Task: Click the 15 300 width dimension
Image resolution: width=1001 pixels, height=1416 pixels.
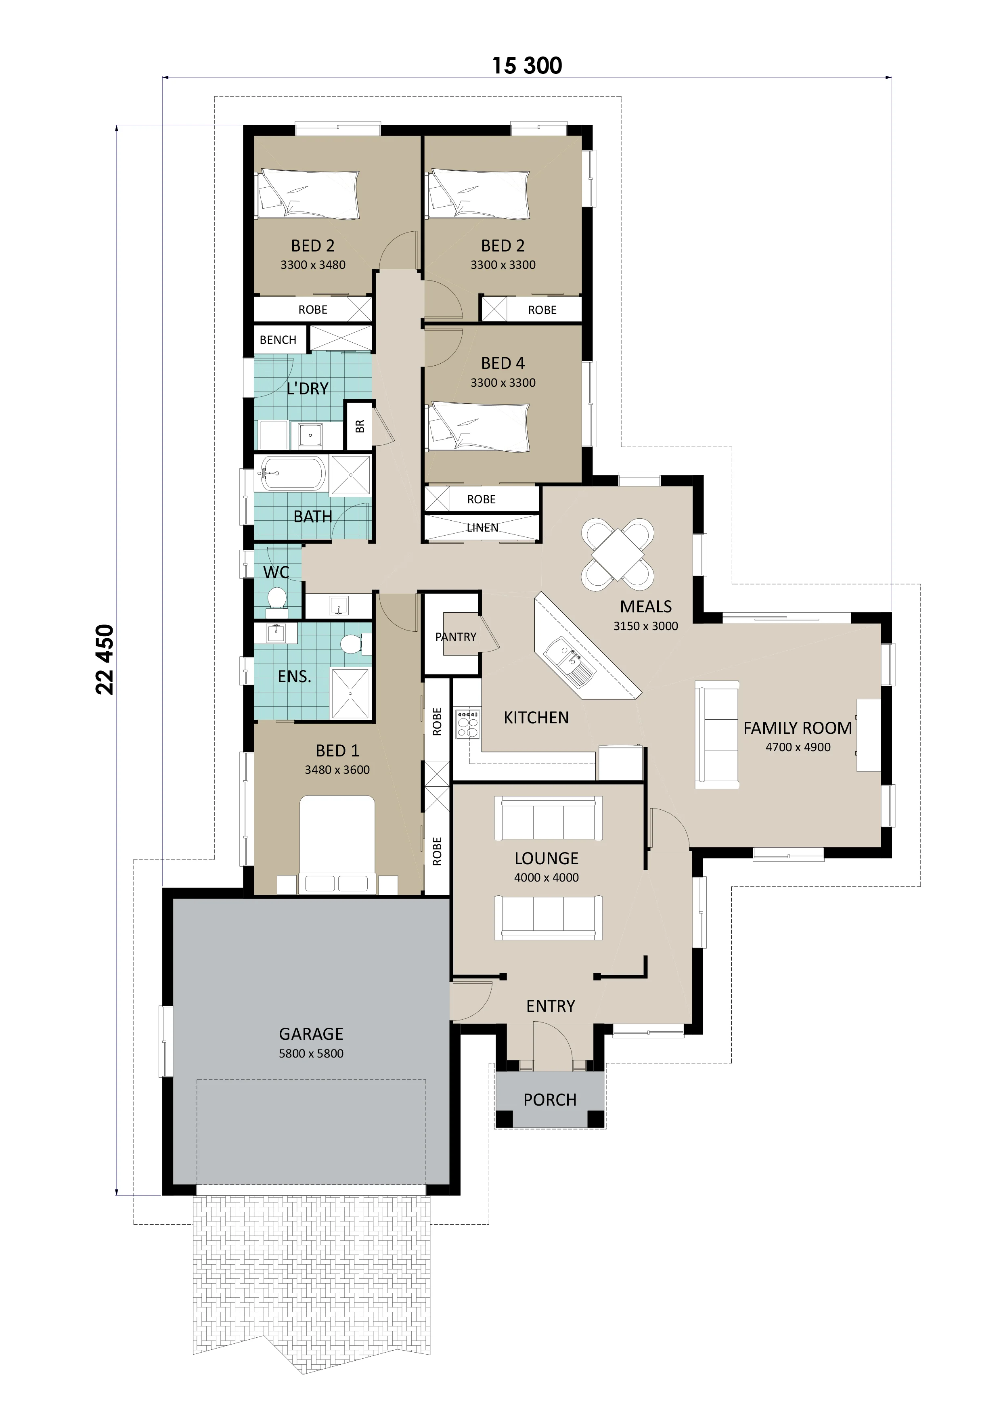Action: pos(527,65)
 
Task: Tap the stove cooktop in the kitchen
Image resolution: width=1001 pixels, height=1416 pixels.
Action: pos(467,724)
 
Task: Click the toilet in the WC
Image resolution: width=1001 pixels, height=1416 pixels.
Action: pos(277,598)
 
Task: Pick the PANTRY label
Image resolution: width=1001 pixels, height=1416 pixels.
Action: pos(456,637)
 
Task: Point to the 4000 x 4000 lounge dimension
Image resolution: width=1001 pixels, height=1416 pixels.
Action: pos(547,878)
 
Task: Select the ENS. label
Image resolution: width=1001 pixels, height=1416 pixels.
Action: pos(294,677)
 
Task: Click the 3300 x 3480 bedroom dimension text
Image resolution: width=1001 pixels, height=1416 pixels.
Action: pos(313,264)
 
